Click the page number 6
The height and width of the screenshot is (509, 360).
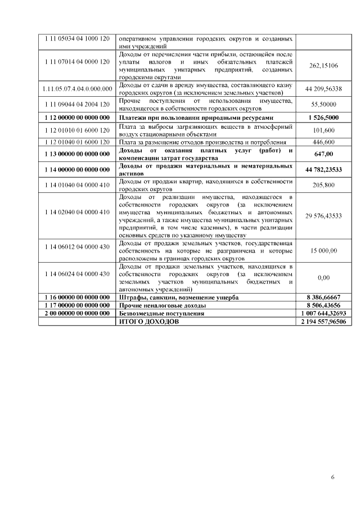[x=333, y=478]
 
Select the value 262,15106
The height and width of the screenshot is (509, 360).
[x=323, y=66]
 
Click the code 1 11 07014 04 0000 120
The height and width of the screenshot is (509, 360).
[x=76, y=61]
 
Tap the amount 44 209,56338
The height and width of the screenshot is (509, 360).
[x=323, y=89]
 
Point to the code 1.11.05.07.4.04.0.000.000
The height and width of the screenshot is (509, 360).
[x=76, y=89]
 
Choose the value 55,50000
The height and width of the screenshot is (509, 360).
[x=323, y=104]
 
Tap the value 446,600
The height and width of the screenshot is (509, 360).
[x=323, y=142]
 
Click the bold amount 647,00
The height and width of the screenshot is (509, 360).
[x=323, y=154]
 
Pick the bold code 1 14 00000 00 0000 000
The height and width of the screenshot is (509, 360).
[x=76, y=169]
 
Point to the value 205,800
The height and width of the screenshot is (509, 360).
[x=323, y=185]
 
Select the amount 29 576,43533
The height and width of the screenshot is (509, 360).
[x=323, y=215]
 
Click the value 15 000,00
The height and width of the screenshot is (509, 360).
[x=323, y=250]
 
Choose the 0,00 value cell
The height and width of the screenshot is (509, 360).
[x=323, y=277]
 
